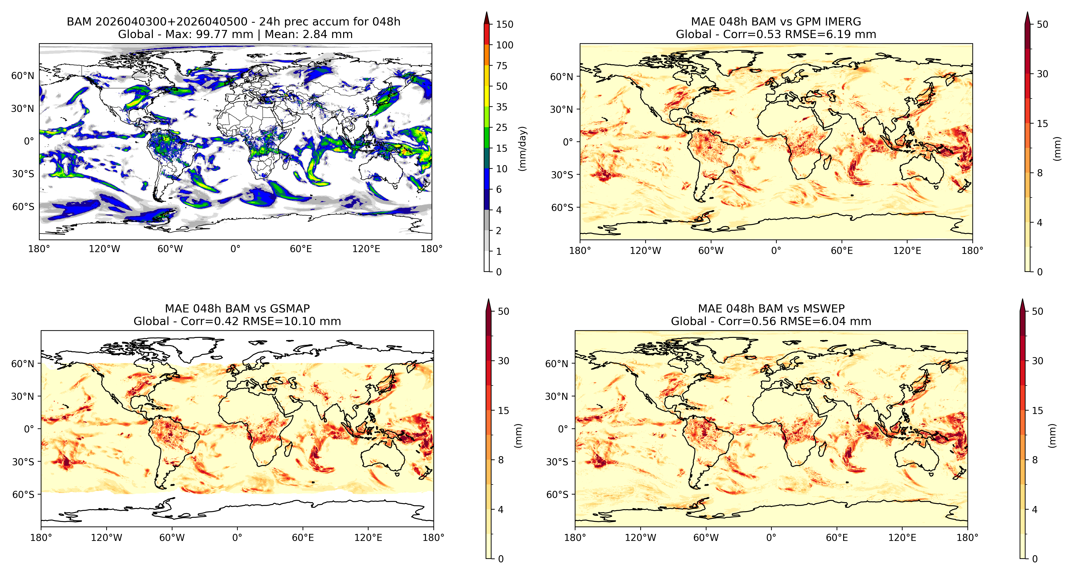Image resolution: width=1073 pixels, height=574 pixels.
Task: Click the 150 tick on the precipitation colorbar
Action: (505, 24)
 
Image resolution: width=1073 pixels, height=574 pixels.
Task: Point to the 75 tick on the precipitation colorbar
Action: (502, 66)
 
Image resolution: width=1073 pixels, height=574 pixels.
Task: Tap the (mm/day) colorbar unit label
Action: (522, 148)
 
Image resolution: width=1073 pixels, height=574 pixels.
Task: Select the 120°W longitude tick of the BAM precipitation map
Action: (104, 249)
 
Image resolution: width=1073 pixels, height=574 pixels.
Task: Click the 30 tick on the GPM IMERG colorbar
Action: (1042, 74)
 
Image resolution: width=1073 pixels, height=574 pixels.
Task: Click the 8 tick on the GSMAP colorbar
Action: (501, 460)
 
